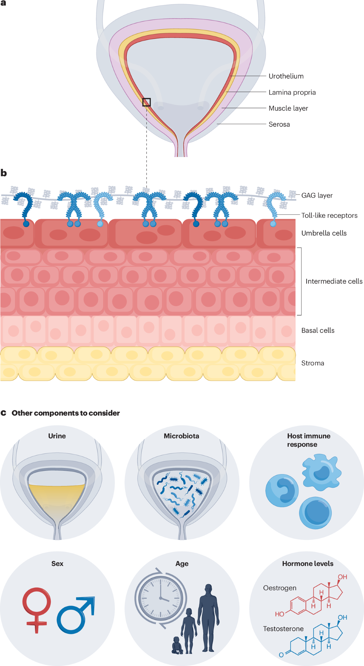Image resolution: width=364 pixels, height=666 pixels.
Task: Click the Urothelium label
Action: (x=286, y=76)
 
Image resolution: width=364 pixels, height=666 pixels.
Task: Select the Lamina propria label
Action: (x=292, y=92)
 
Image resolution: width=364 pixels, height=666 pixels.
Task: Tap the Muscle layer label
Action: (x=288, y=108)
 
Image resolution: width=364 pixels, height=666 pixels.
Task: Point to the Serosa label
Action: (x=279, y=124)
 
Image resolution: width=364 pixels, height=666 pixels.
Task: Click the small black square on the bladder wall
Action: (x=147, y=102)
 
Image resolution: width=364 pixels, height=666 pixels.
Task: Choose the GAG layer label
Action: (x=317, y=196)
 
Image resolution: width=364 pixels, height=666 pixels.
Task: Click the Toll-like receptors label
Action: (x=329, y=216)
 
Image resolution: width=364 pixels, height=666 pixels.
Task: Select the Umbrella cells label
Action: (x=324, y=233)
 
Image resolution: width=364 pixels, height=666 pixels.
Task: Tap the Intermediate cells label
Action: (x=334, y=281)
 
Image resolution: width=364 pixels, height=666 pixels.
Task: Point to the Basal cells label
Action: (x=318, y=330)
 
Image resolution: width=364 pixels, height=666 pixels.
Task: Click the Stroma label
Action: (x=312, y=363)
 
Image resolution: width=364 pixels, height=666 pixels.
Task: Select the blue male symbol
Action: (x=75, y=615)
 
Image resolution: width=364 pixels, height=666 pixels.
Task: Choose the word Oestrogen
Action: (x=279, y=588)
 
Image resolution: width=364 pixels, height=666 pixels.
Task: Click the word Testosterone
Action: (x=283, y=629)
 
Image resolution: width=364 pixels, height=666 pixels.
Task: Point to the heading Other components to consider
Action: (x=66, y=413)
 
